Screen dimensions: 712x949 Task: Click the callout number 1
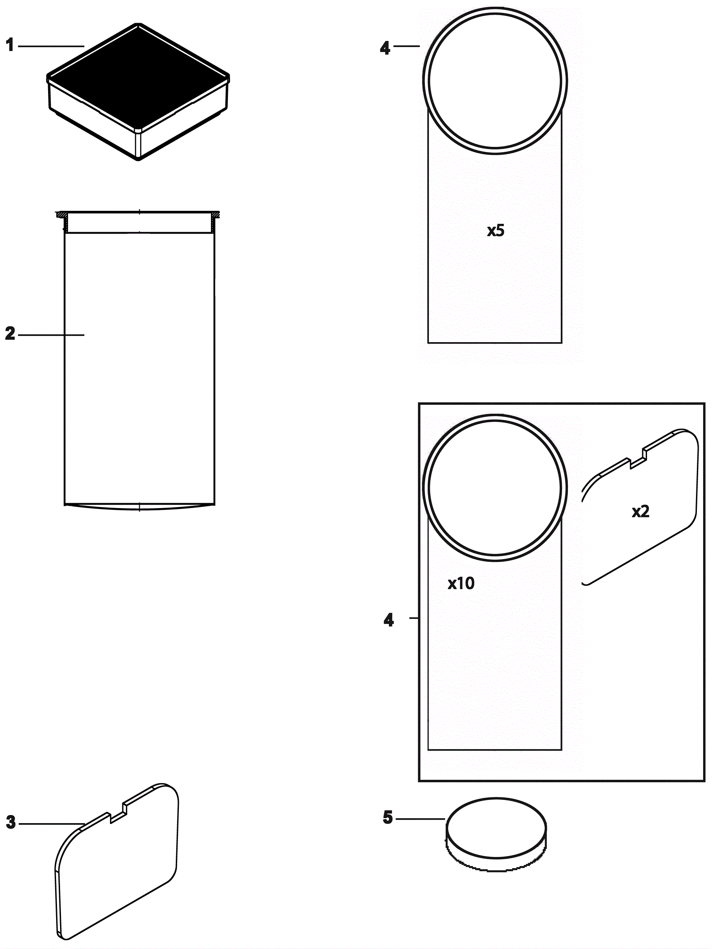(x=10, y=45)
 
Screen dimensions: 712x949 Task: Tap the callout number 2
(x=10, y=334)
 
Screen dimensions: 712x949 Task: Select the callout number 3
(x=11, y=822)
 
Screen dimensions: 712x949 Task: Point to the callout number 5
(x=388, y=817)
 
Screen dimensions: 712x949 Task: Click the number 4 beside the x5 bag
(x=385, y=48)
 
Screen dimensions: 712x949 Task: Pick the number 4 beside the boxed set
(x=388, y=620)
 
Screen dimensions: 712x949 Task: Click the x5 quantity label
(x=496, y=231)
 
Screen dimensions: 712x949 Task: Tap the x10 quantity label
(x=461, y=583)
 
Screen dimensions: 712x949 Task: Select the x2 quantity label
(x=640, y=512)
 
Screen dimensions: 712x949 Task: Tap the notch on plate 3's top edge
(x=118, y=814)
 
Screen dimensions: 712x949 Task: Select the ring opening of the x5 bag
(x=495, y=81)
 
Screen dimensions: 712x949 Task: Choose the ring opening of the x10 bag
(x=495, y=488)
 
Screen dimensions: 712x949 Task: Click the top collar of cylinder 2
(x=139, y=222)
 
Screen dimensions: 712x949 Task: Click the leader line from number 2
(x=51, y=335)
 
